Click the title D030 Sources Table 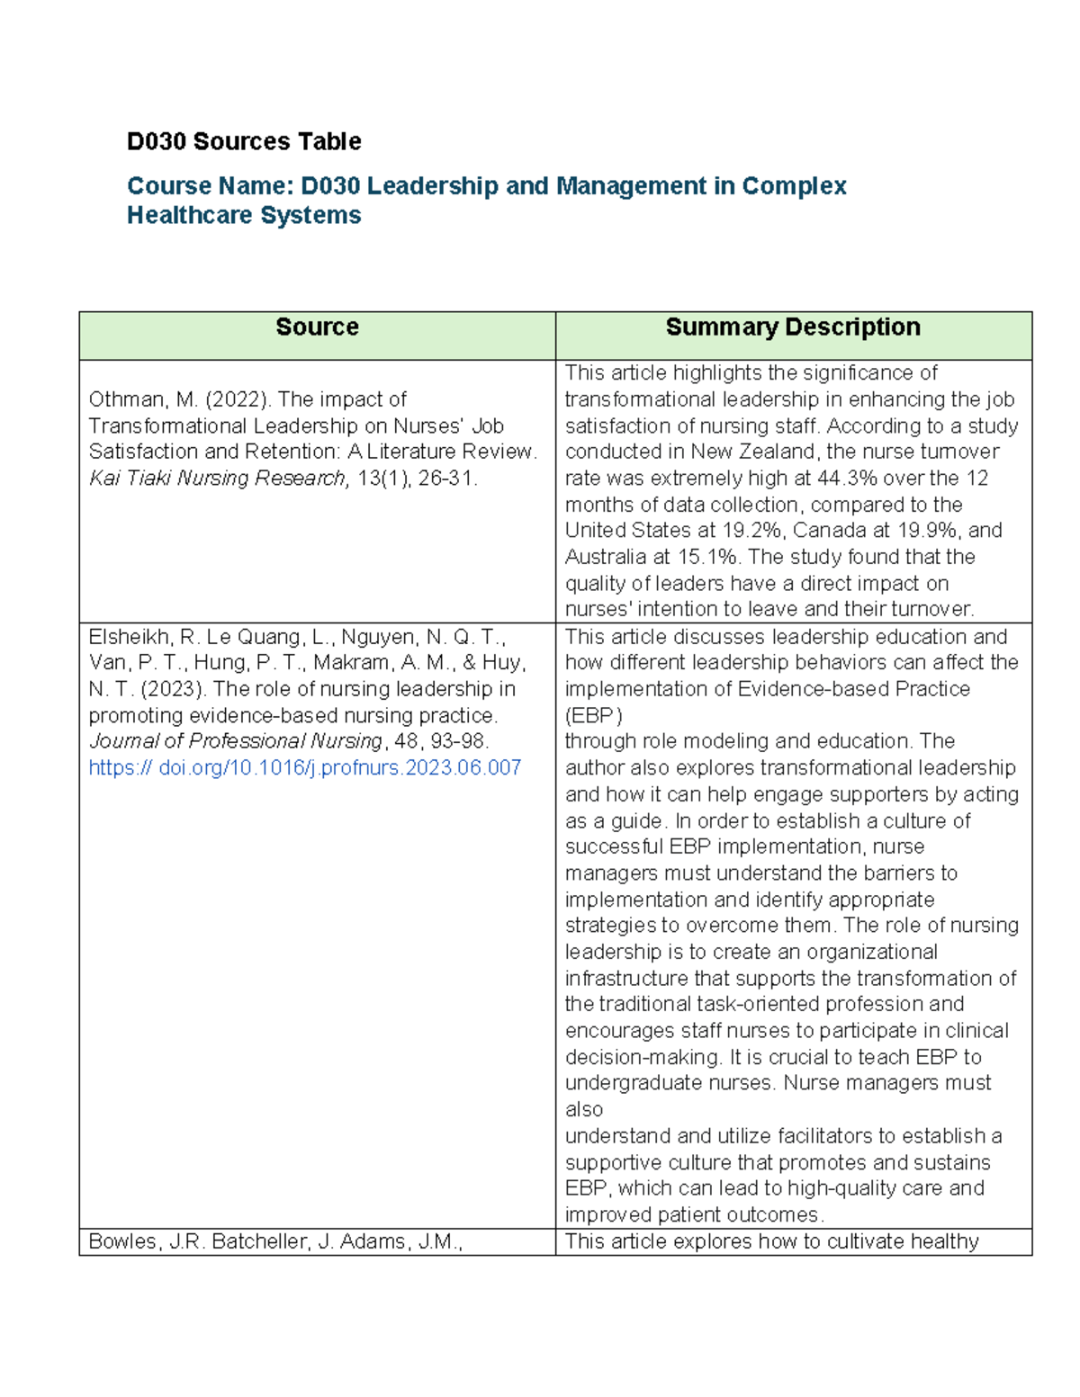coord(244,141)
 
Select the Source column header coord(317,327)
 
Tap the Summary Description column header coord(792,327)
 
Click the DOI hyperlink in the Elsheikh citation coord(304,768)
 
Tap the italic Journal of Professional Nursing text coord(236,741)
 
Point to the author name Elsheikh coord(130,638)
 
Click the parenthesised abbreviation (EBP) coord(593,716)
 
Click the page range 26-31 coord(446,479)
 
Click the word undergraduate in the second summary coord(623,1083)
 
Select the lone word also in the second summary coord(584,1110)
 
